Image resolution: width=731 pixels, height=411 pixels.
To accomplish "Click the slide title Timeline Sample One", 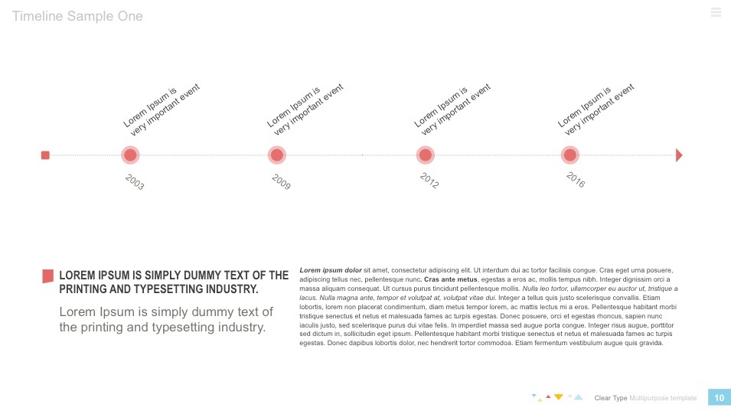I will [x=77, y=16].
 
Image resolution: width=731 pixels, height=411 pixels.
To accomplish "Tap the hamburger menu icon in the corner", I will [x=716, y=11].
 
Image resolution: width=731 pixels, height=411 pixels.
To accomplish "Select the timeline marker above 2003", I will [x=130, y=155].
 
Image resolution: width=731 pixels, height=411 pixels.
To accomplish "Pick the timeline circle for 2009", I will [x=277, y=155].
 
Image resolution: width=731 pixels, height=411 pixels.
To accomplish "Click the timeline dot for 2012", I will [x=426, y=155].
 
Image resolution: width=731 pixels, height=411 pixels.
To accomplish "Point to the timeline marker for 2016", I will [x=569, y=155].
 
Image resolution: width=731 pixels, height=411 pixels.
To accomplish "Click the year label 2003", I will [x=135, y=181].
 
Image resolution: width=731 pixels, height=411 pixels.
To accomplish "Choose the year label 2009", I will [x=281, y=181].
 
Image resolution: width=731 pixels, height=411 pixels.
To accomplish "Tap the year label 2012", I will [x=429, y=181].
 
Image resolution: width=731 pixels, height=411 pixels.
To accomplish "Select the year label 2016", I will [x=576, y=181].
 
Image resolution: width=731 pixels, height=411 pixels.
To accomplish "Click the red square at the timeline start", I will [x=45, y=155].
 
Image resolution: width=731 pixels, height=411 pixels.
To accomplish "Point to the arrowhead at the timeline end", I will [x=679, y=155].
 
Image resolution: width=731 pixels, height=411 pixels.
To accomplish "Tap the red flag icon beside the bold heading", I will [x=48, y=276].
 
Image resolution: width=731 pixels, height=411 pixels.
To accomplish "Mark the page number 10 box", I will [x=719, y=397].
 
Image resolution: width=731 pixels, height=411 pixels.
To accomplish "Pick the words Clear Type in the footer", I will [x=611, y=398].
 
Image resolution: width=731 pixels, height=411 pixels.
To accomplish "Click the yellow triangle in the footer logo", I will [x=559, y=396].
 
